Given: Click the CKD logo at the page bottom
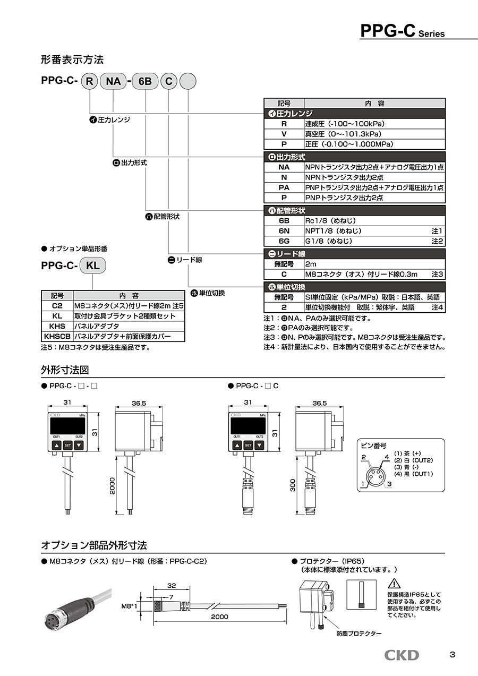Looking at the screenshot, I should (x=402, y=655).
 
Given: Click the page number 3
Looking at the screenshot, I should (x=452, y=655).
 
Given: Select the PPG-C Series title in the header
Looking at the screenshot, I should (x=402, y=31).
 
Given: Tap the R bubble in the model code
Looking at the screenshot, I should (x=90, y=81).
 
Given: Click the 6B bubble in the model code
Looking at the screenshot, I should (x=144, y=81).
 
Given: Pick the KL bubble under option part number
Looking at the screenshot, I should (x=93, y=266).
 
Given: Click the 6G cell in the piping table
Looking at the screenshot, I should (x=284, y=241).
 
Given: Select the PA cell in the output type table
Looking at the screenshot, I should (x=284, y=187).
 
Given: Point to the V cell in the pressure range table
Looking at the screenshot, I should (x=284, y=134).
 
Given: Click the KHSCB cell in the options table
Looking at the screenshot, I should (x=57, y=336).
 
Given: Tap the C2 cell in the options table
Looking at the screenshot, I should (x=57, y=306).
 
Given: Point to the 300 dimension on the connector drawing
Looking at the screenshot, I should (x=293, y=486).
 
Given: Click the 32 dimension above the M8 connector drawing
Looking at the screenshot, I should (x=171, y=586).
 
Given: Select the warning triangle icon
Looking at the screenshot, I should (x=394, y=584).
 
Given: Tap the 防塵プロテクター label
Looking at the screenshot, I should (x=359, y=634).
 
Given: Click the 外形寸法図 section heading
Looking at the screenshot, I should (x=64, y=370).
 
